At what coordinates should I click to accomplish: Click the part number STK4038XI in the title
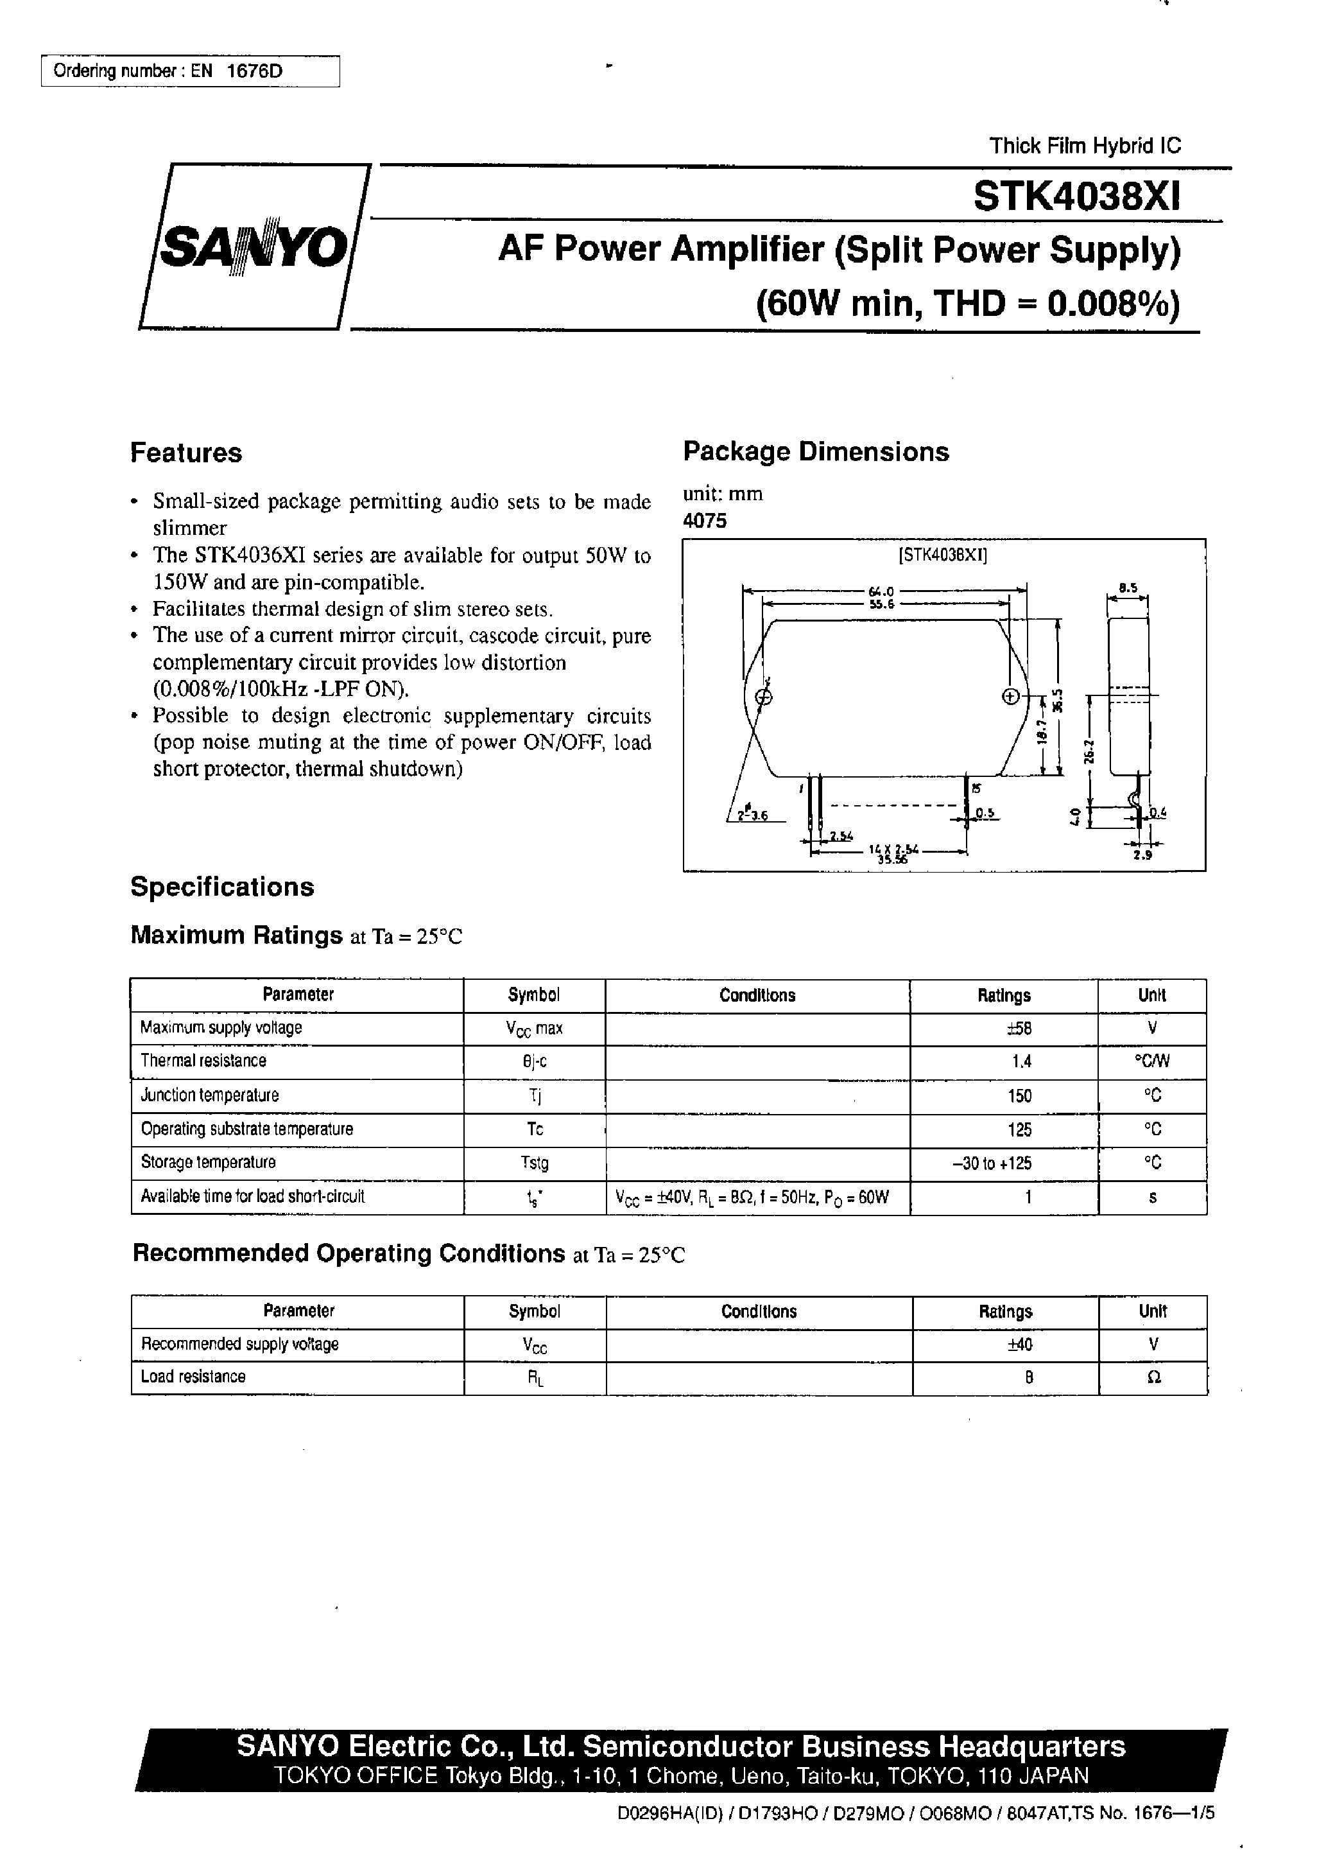[1077, 197]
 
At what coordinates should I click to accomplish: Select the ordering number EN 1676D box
[190, 71]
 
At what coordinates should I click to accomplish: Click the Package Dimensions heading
[816, 451]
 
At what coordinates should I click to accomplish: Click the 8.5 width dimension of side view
[1128, 588]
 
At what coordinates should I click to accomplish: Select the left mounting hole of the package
[763, 697]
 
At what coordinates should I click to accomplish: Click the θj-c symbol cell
[535, 1061]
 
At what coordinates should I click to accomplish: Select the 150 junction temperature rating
[1019, 1096]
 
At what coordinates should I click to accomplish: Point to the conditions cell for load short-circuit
[752, 1197]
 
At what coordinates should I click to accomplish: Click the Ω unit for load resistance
[1153, 1378]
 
